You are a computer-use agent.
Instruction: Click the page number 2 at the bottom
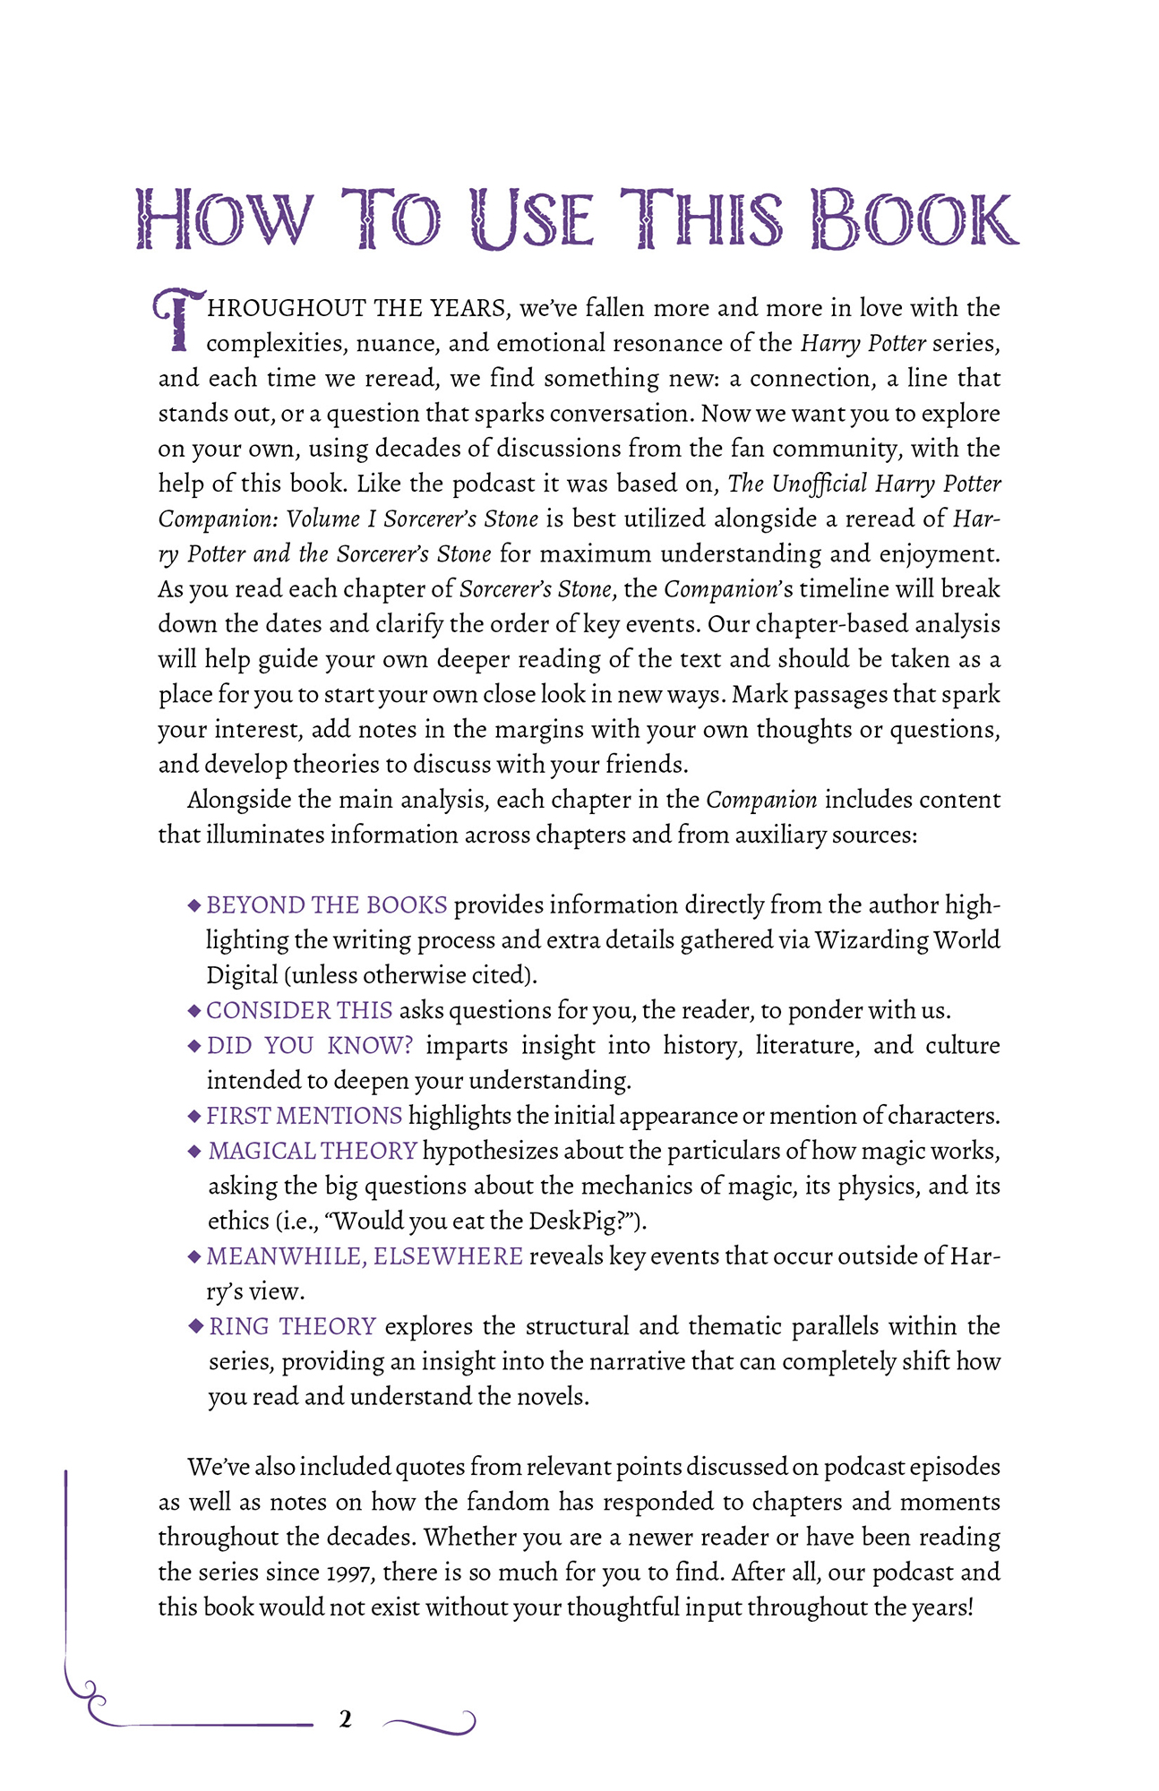pyautogui.click(x=345, y=1718)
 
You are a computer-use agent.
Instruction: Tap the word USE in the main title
pyautogui.click(x=532, y=219)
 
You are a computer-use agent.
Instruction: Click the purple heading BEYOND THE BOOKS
pyautogui.click(x=327, y=905)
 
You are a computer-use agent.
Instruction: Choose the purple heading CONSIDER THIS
pyautogui.click(x=299, y=1010)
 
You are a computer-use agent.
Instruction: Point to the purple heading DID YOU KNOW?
pyautogui.click(x=310, y=1045)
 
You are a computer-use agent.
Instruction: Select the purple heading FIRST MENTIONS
pyautogui.click(x=305, y=1116)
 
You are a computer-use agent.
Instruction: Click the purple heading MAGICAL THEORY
pyautogui.click(x=313, y=1151)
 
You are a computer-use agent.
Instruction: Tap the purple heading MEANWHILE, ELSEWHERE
pyautogui.click(x=365, y=1256)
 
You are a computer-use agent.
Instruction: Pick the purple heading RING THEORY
pyautogui.click(x=293, y=1326)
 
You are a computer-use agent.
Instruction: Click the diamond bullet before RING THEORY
pyautogui.click(x=196, y=1326)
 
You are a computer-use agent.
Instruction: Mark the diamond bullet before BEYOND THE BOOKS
pyautogui.click(x=194, y=905)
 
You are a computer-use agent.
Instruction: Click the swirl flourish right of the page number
pyautogui.click(x=430, y=1720)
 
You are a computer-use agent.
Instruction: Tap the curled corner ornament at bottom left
pyautogui.click(x=86, y=1697)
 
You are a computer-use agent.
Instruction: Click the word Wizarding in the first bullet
pyautogui.click(x=871, y=940)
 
